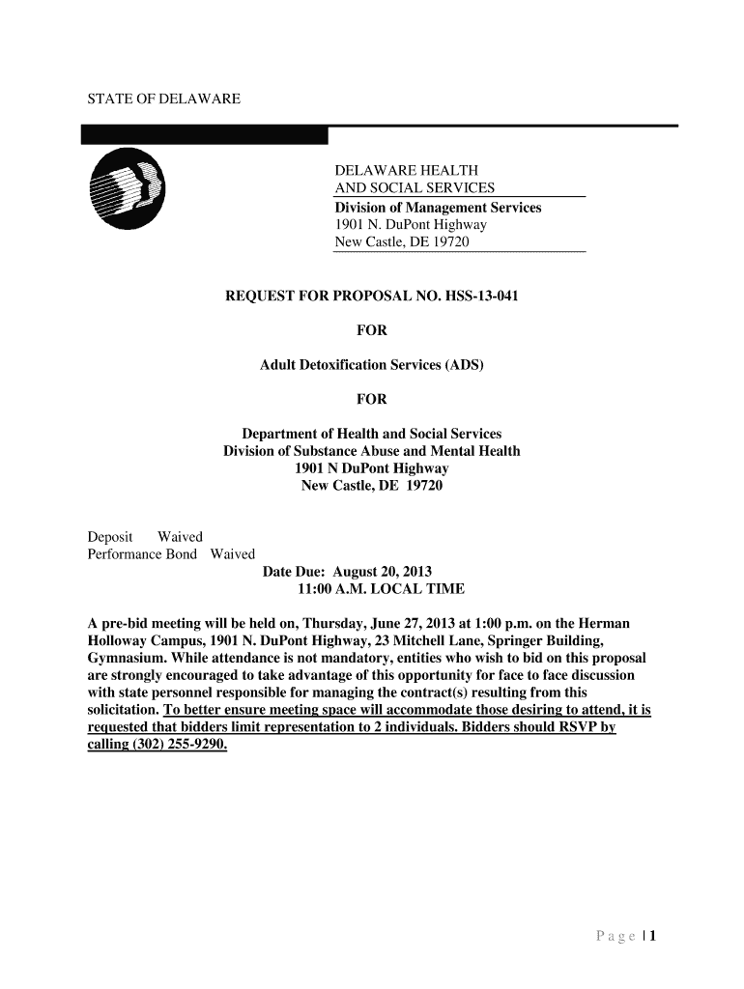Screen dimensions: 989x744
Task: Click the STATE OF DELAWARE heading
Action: (150, 99)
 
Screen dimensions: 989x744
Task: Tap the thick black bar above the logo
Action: (205, 135)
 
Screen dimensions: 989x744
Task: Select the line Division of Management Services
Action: (438, 208)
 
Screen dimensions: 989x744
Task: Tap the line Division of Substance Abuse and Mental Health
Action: (372, 451)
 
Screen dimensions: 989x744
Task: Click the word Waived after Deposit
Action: (181, 536)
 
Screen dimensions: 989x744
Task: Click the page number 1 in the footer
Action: (653, 936)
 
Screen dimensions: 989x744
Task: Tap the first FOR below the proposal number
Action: (372, 330)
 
